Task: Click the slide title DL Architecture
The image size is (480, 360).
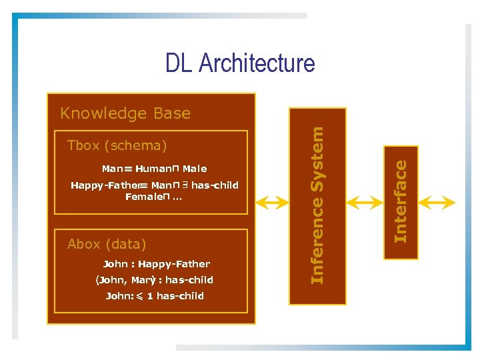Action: [240, 63]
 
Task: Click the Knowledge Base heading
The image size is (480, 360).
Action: [125, 113]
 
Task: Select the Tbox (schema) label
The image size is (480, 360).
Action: [117, 145]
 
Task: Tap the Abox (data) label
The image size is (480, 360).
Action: [107, 244]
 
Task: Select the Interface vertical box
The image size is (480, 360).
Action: [400, 203]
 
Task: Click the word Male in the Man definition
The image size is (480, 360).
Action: [195, 169]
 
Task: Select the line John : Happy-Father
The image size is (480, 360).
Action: [156, 264]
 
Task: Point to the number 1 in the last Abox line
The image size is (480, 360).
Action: [150, 296]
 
